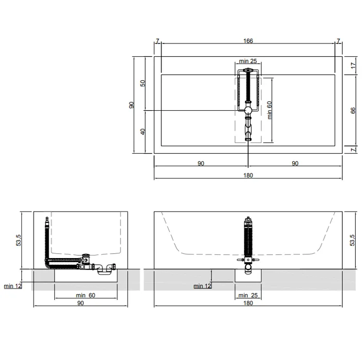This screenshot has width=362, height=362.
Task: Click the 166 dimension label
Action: pos(248,41)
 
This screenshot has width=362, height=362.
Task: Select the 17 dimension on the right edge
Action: pos(353,66)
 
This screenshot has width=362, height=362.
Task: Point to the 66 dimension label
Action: pos(353,110)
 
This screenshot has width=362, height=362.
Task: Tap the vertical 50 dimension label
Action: pos(143,83)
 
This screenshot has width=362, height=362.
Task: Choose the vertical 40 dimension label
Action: pos(143,132)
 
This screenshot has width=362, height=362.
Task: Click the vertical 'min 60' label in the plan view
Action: pos(269,110)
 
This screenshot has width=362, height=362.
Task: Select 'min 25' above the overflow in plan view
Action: pos(248,61)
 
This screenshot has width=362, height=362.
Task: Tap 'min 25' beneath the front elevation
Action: pos(248,295)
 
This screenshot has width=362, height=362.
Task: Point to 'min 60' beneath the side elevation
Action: pos(86,295)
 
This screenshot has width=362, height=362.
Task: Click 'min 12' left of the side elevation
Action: pos(13,286)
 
